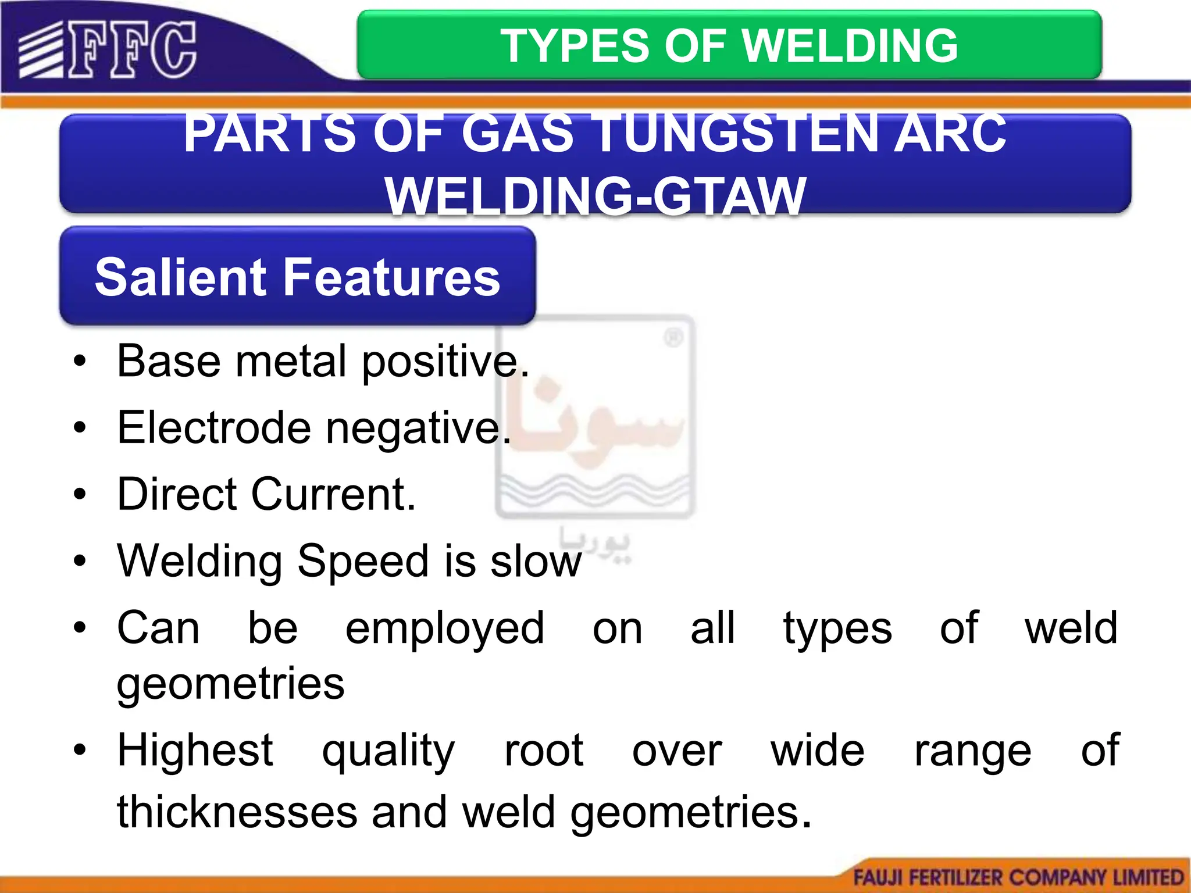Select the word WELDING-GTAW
pos(595,196)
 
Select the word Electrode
pos(213,428)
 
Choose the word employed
pos(445,630)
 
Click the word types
pos(837,630)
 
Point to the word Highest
pos(195,751)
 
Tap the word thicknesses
pos(237,812)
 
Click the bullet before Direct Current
pos(80,495)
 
